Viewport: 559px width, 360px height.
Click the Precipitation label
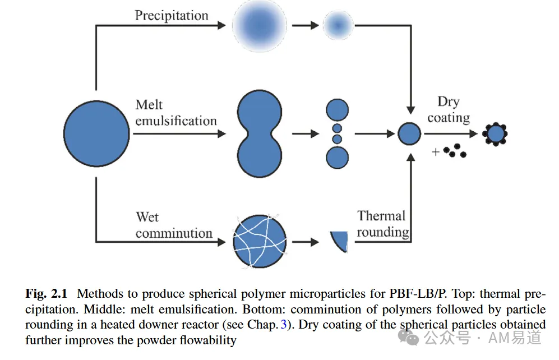pyautogui.click(x=172, y=16)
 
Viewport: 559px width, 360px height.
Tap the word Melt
pyautogui.click(x=149, y=105)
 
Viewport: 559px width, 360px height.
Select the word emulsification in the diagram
pyautogui.click(x=176, y=121)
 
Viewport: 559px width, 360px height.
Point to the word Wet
pyautogui.click(x=147, y=217)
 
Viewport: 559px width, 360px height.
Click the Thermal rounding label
pyautogui.click(x=383, y=224)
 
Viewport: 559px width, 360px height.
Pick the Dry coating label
pyautogui.click(x=449, y=109)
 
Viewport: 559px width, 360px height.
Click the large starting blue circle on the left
pyautogui.click(x=96, y=133)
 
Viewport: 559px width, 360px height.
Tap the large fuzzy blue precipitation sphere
pyautogui.click(x=260, y=26)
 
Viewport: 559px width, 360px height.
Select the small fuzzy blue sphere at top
pyautogui.click(x=338, y=25)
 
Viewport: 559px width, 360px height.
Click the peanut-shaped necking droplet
pyautogui.click(x=260, y=133)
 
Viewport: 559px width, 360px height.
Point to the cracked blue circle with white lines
pyautogui.click(x=260, y=241)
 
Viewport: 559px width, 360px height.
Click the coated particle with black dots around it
pyautogui.click(x=495, y=134)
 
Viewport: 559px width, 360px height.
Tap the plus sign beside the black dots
pyautogui.click(x=435, y=152)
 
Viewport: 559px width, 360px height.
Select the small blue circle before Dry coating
pyautogui.click(x=409, y=133)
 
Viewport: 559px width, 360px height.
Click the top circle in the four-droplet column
pyautogui.click(x=338, y=110)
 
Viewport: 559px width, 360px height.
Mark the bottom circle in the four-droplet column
pyautogui.click(x=338, y=158)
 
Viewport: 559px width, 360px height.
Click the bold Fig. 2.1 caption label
pyautogui.click(x=47, y=294)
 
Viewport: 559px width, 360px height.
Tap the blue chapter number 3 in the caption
pyautogui.click(x=283, y=324)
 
